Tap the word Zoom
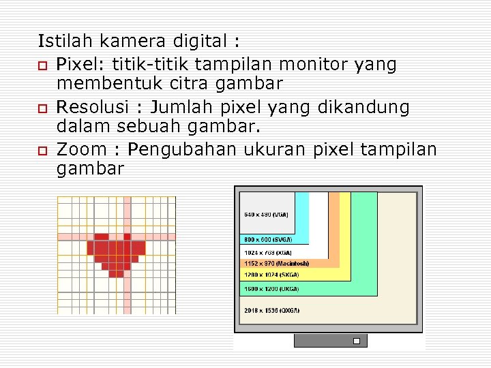point(82,149)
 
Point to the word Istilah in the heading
point(61,42)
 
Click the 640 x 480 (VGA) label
point(266,215)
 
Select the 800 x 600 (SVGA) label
point(268,239)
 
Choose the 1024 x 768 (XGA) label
point(266,253)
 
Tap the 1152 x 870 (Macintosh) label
point(276,264)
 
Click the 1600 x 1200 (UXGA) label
point(267,288)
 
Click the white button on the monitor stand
point(356,341)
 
